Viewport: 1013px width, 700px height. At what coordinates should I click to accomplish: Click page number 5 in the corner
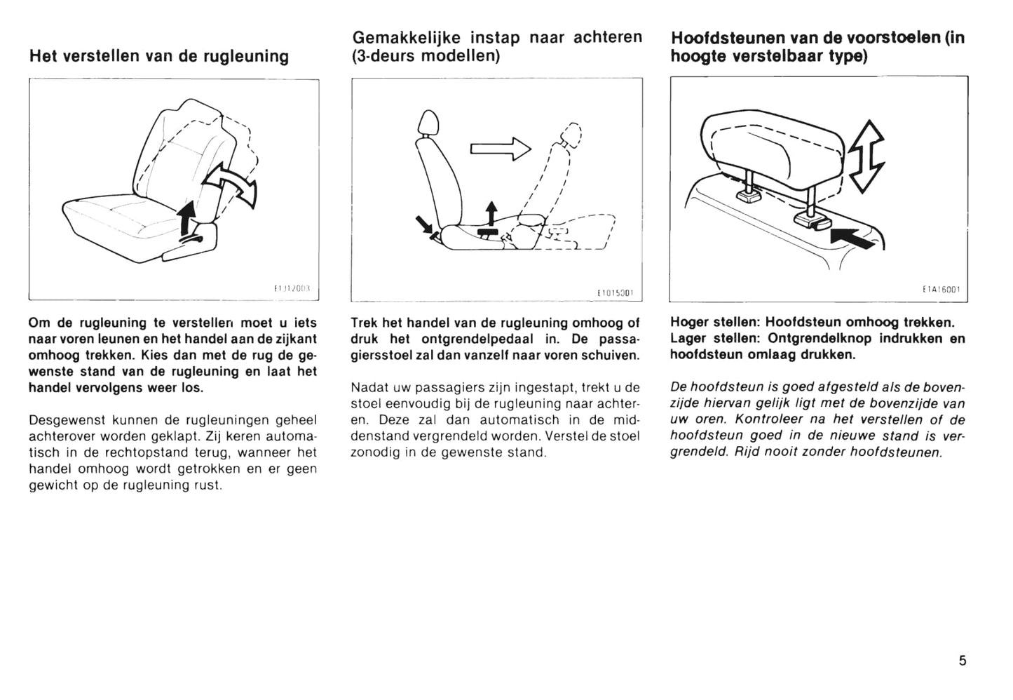coord(963,660)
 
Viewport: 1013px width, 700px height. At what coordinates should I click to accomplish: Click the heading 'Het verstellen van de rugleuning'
coord(159,56)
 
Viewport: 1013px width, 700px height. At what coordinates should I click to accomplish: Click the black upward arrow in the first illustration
coord(186,216)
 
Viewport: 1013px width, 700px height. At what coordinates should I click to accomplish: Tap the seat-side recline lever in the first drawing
coord(191,241)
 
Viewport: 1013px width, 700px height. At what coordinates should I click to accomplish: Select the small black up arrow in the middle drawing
coord(491,213)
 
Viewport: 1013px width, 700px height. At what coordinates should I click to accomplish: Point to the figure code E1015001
coord(615,292)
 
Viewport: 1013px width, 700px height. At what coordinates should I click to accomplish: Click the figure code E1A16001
coord(941,289)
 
